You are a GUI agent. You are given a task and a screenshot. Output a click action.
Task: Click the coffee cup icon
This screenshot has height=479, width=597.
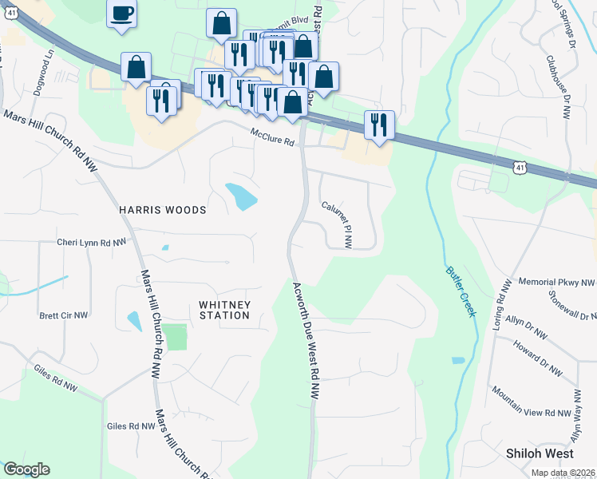(121, 14)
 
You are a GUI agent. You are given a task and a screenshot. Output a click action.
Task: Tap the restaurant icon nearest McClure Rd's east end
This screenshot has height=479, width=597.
(378, 125)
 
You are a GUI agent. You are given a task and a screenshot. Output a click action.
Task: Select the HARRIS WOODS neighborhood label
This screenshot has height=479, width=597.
(163, 210)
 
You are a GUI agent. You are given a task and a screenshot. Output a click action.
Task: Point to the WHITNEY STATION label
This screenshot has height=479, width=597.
(224, 310)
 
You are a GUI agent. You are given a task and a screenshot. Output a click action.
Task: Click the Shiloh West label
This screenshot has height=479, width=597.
(540, 453)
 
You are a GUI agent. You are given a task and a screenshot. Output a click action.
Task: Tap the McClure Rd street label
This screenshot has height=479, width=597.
(272, 137)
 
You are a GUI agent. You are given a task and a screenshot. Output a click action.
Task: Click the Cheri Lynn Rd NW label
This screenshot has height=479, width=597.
(91, 242)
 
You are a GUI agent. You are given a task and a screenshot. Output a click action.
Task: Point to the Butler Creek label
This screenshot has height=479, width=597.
(461, 291)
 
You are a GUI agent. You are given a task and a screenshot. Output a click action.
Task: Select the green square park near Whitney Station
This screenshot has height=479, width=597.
(176, 337)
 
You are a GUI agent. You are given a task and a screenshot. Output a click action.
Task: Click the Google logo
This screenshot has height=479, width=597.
(26, 469)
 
